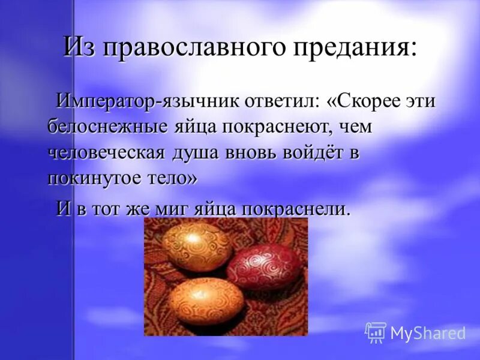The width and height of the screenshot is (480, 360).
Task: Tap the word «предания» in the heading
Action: [x=347, y=48]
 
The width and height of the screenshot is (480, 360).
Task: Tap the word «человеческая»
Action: [x=106, y=152]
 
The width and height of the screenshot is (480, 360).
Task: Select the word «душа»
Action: [x=196, y=152]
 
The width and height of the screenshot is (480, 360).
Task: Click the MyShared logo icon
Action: [x=376, y=332]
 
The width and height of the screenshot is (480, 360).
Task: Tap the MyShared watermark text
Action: [x=427, y=333]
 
